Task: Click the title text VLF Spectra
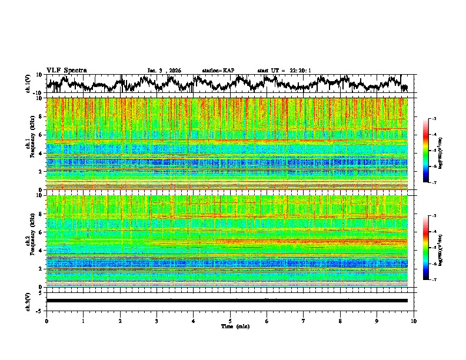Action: tap(66, 71)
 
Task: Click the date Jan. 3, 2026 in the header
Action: tap(164, 71)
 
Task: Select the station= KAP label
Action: tap(218, 71)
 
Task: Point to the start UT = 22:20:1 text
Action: tap(284, 71)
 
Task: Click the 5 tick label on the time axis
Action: tap(230, 321)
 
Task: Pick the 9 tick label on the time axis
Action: tap(377, 321)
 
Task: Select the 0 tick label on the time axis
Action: tap(46, 321)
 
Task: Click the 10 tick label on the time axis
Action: tap(414, 321)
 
